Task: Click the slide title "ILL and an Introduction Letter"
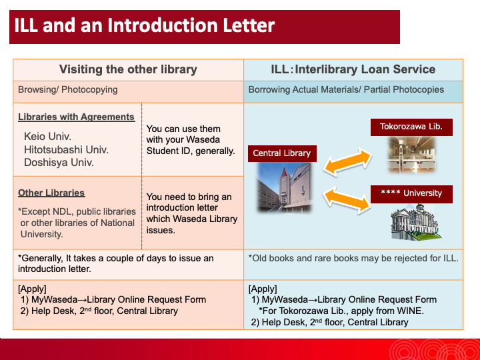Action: pyautogui.click(x=145, y=26)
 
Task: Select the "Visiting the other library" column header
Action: pyautogui.click(x=128, y=69)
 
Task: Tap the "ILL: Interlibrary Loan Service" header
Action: pyautogui.click(x=353, y=69)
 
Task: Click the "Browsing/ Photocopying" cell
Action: pyautogui.click(x=68, y=89)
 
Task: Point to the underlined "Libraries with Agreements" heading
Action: pyautogui.click(x=76, y=117)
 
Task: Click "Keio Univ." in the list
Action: pyautogui.click(x=48, y=137)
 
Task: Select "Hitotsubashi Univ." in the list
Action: pyautogui.click(x=66, y=149)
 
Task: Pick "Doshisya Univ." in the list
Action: pyautogui.click(x=59, y=162)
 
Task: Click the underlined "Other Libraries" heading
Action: pyautogui.click(x=51, y=193)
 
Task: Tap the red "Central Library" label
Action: pyautogui.click(x=281, y=153)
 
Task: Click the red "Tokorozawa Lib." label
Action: pyautogui.click(x=411, y=127)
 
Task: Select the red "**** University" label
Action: pyautogui.click(x=411, y=193)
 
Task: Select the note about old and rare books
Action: pyautogui.click(x=353, y=258)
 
